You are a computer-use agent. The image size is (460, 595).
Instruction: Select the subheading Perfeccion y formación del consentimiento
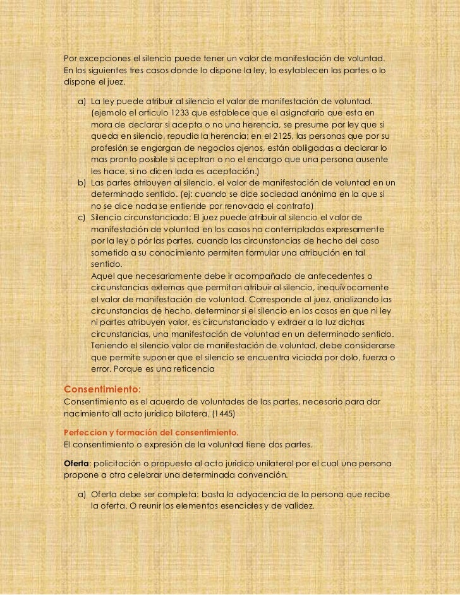point(151,433)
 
